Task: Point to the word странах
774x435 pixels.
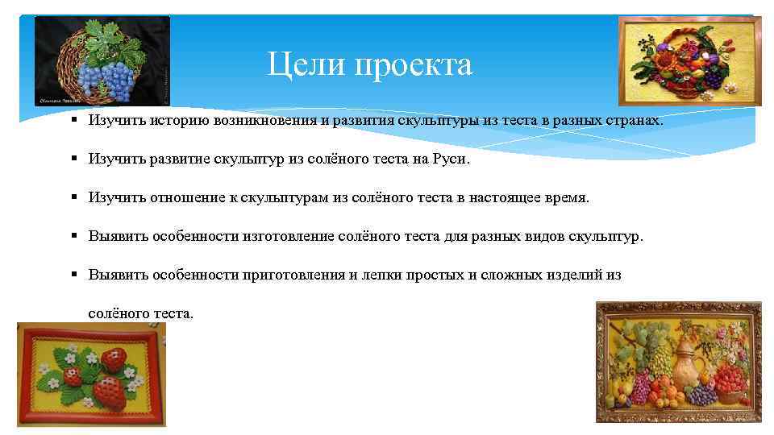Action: tap(631, 120)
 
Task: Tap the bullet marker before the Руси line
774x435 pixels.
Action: tap(73, 159)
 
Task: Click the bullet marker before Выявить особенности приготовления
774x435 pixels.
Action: tap(73, 275)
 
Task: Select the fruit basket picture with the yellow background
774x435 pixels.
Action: tap(689, 61)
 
